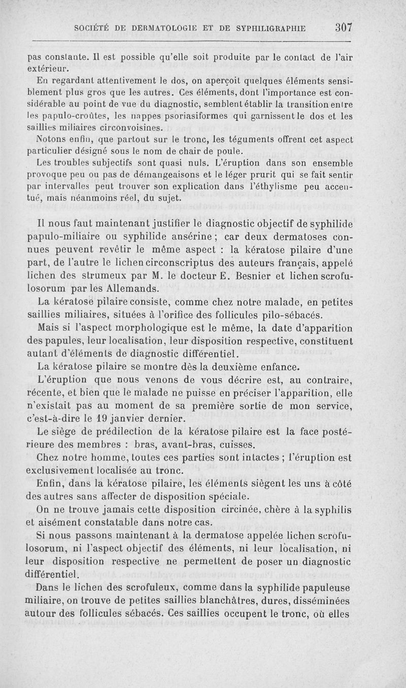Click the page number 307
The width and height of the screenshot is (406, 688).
[x=344, y=28]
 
